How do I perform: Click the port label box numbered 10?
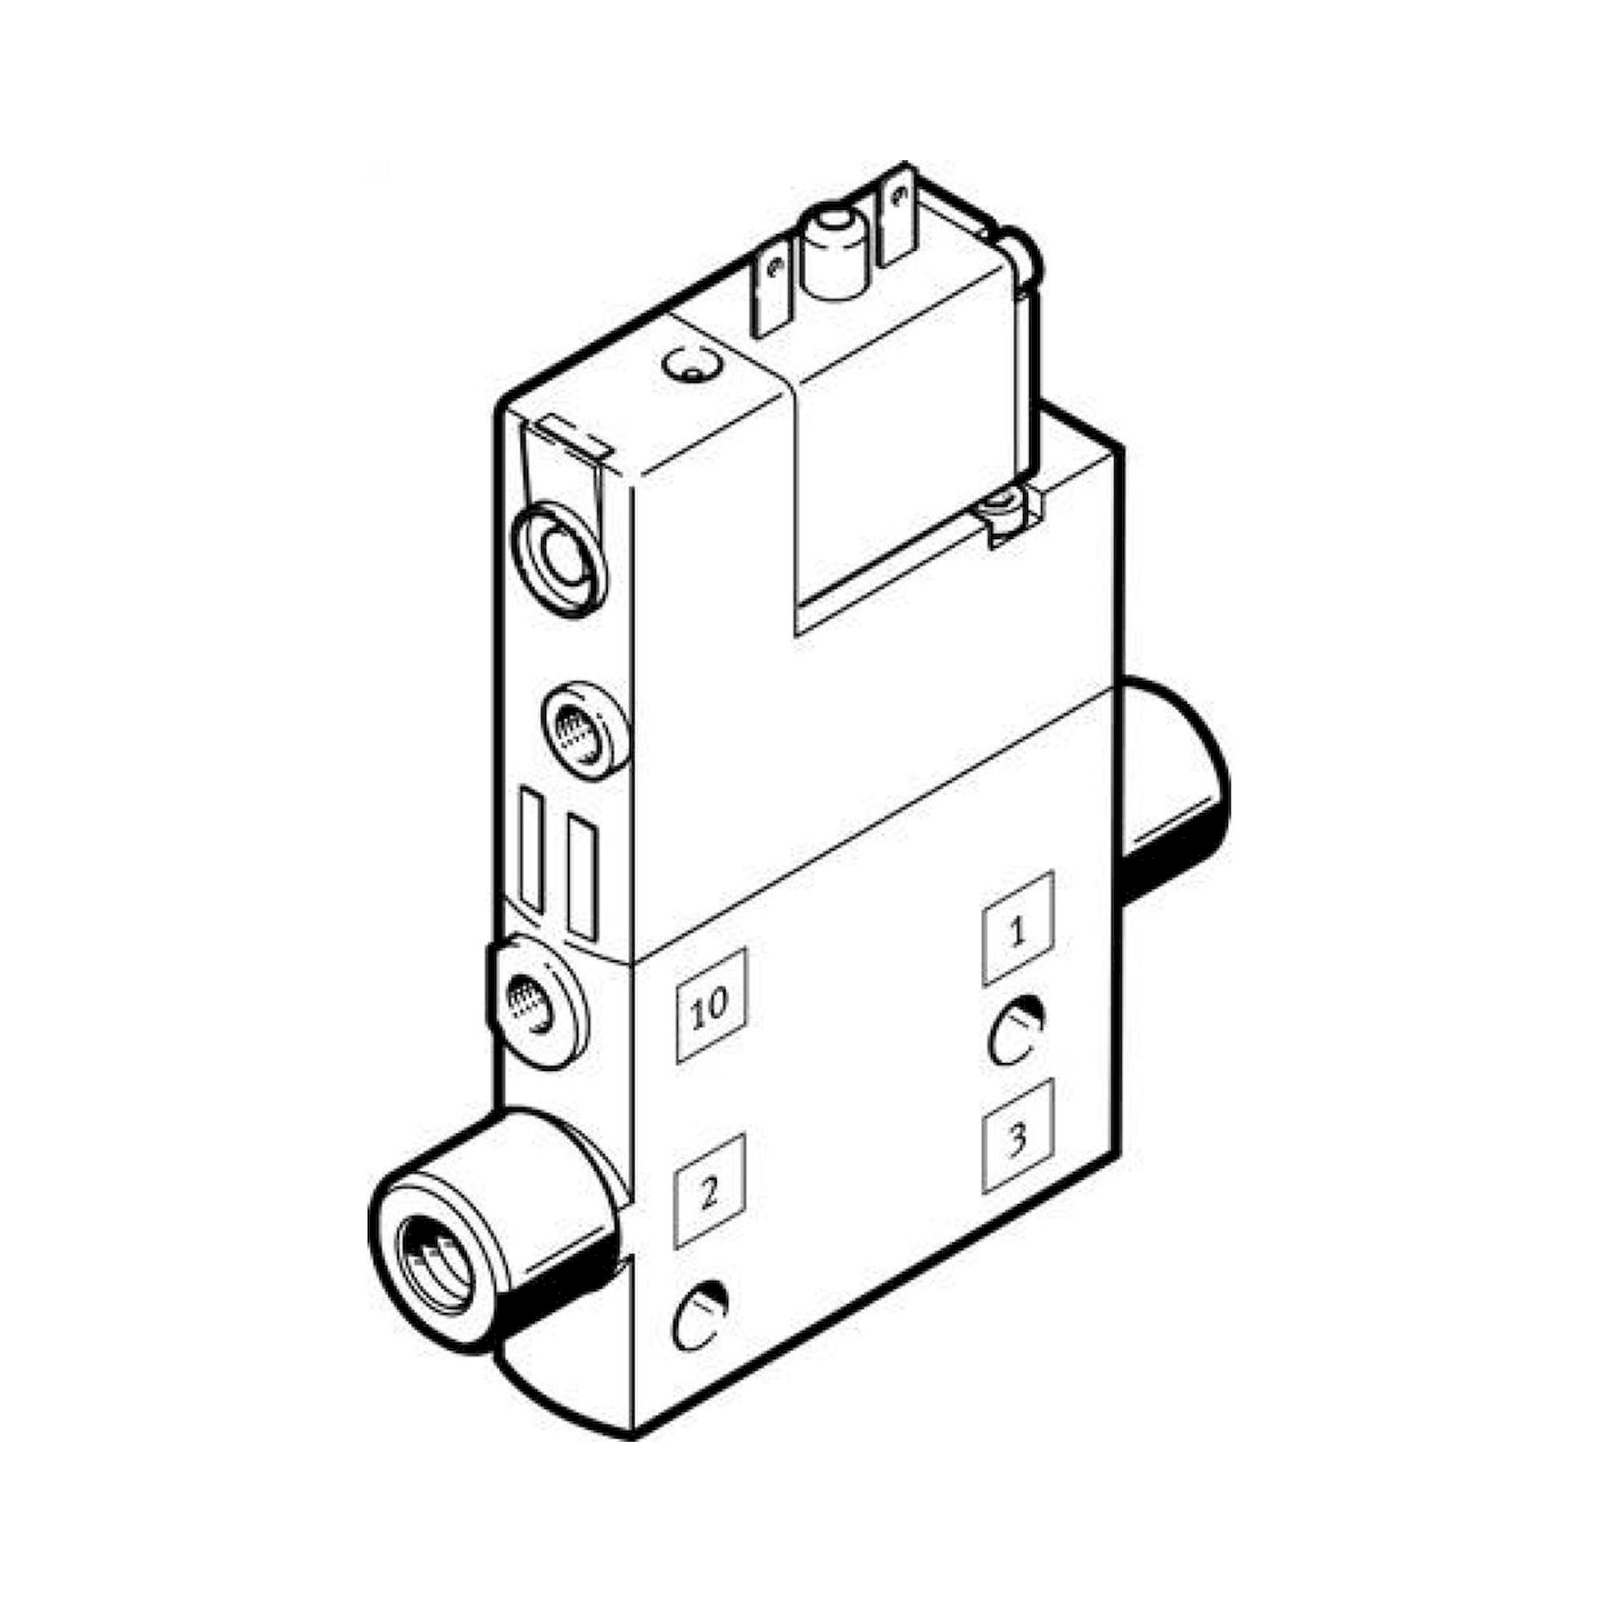711,1005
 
